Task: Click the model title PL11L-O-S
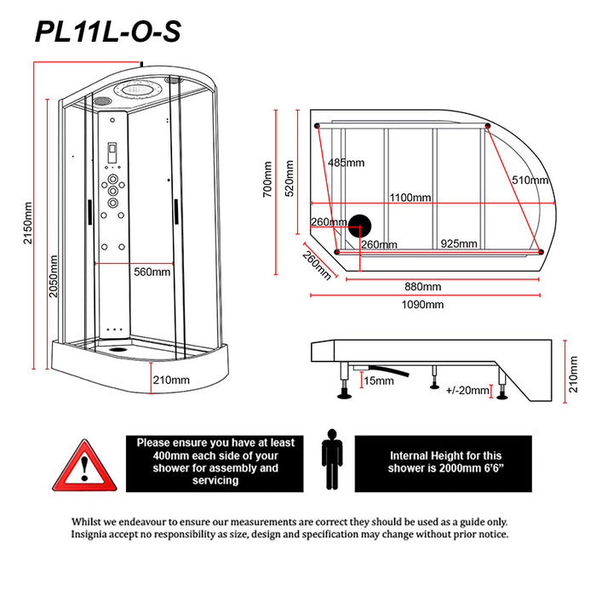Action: [x=106, y=32]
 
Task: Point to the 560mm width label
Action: [x=152, y=272]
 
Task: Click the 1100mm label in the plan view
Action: [x=409, y=198]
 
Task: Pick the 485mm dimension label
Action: [x=346, y=163]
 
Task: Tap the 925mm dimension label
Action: [x=458, y=244]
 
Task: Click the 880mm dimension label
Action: [x=423, y=285]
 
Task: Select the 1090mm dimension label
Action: [x=423, y=304]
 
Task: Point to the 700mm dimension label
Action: [x=267, y=179]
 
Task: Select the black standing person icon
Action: [x=331, y=461]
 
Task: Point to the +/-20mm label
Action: [x=467, y=390]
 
